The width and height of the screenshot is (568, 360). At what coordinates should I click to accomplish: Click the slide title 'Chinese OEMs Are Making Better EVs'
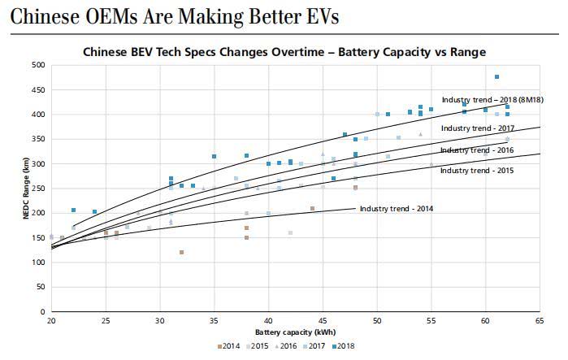click(173, 16)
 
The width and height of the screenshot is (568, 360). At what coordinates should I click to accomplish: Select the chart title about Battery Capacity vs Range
click(284, 52)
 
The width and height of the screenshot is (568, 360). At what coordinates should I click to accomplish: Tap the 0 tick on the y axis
click(42, 312)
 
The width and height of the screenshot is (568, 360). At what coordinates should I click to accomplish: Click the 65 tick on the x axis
click(540, 322)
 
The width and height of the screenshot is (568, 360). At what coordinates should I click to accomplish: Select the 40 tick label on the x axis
click(268, 322)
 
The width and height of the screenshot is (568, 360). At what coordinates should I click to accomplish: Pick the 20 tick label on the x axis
click(51, 322)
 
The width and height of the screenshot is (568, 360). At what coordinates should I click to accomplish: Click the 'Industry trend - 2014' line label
click(397, 209)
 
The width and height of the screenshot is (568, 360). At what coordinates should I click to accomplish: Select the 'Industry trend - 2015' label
click(477, 171)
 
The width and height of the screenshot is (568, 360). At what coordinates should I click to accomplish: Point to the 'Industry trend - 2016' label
click(477, 150)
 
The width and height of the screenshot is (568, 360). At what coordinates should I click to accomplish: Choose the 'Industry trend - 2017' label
click(478, 128)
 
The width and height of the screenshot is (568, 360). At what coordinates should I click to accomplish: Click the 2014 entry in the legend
click(230, 347)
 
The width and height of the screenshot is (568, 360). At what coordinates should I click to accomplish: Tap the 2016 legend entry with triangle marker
click(285, 347)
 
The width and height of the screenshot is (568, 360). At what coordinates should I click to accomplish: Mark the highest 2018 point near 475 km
click(496, 77)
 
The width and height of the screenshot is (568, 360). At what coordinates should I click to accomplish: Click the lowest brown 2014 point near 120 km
click(181, 253)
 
